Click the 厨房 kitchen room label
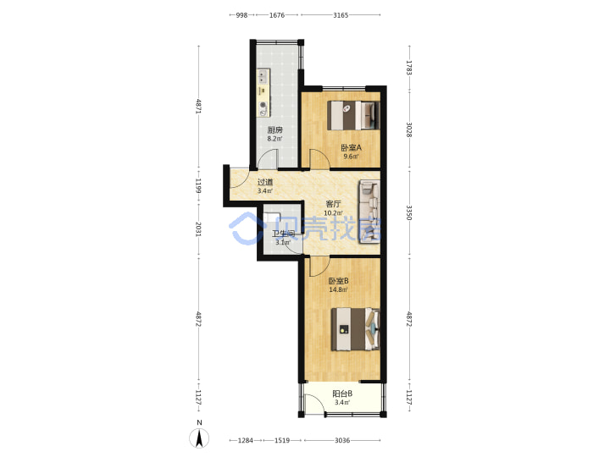click(x=274, y=129)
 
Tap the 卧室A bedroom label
click(x=351, y=147)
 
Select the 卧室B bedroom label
click(x=338, y=281)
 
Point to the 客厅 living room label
click(x=334, y=204)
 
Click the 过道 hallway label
click(x=265, y=182)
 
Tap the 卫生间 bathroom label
click(x=283, y=234)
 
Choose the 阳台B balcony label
click(x=342, y=394)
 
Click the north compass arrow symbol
click(x=199, y=438)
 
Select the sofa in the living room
click(x=369, y=212)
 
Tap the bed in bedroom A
click(x=353, y=115)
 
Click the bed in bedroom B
click(x=355, y=329)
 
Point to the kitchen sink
click(x=263, y=76)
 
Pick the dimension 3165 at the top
click(x=341, y=15)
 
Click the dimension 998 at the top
click(x=241, y=15)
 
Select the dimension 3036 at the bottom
click(x=342, y=440)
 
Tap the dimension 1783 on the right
click(x=409, y=68)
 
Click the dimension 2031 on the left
click(x=198, y=229)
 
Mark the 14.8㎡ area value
click(x=338, y=289)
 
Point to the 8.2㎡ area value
click(x=274, y=139)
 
